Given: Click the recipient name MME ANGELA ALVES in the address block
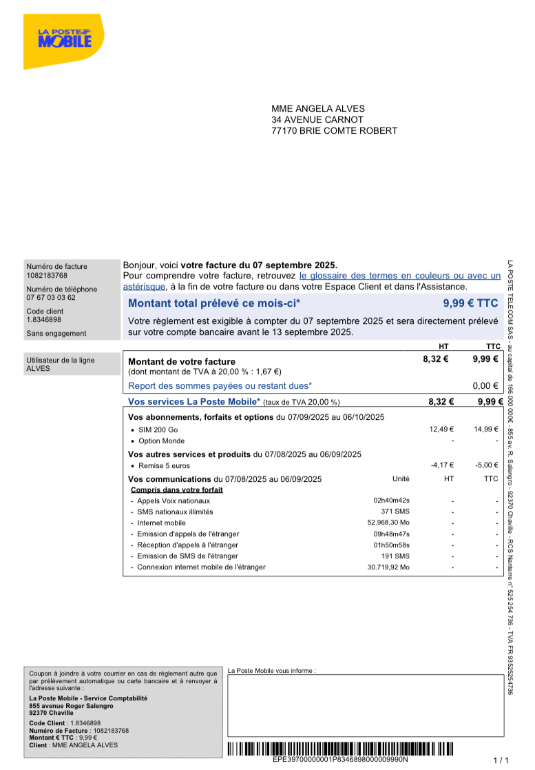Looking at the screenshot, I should click(x=317, y=109).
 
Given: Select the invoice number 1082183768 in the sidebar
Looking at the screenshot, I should click(x=47, y=276).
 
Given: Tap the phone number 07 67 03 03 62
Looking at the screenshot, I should click(x=51, y=298).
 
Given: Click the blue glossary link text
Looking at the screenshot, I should click(x=399, y=276).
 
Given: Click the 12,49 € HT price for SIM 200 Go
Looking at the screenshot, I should click(x=441, y=429).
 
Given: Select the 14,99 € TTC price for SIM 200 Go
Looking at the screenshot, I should click(x=485, y=429).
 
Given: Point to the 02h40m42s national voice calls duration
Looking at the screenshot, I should click(x=391, y=501).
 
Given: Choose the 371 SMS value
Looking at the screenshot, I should click(x=395, y=512).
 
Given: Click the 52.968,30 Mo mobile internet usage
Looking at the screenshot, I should click(x=388, y=523).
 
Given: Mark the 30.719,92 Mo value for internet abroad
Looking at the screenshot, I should click(x=388, y=567).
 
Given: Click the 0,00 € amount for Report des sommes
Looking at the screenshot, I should click(x=485, y=386).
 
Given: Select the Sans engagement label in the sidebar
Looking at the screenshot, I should click(x=56, y=334).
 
